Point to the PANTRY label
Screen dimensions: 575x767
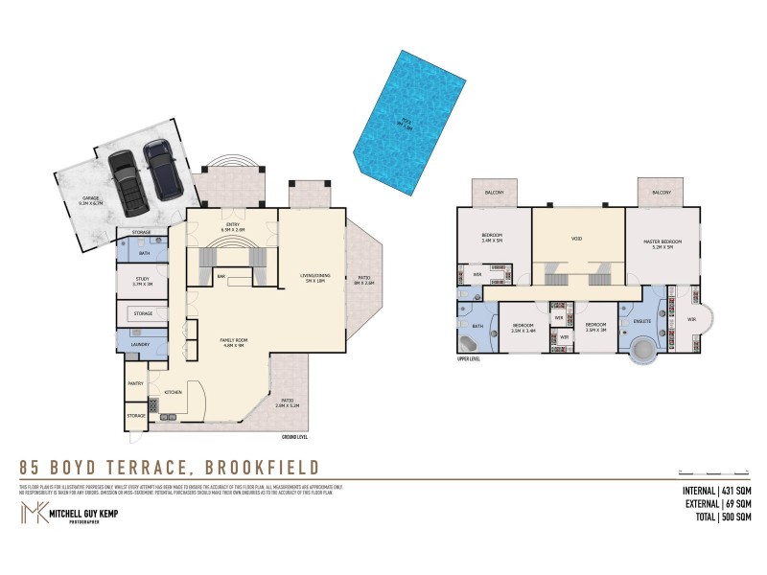point(135,383)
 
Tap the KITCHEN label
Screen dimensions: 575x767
point(173,393)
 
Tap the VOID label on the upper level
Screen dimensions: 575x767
point(577,239)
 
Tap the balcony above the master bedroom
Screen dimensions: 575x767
point(662,194)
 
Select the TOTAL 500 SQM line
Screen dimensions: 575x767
point(709,517)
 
